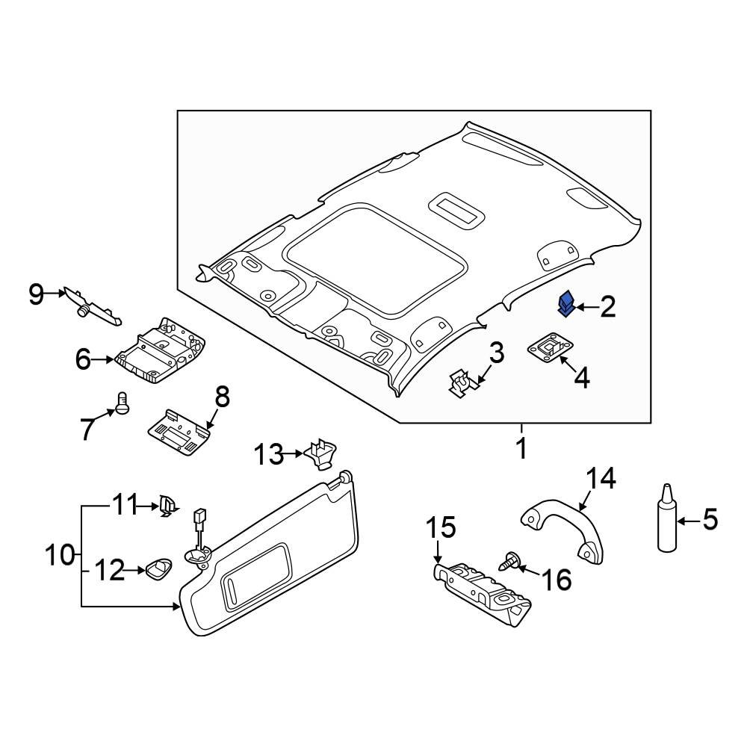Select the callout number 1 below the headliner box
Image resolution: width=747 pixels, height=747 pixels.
(x=521, y=449)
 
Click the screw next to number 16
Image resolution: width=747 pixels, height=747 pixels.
(x=509, y=562)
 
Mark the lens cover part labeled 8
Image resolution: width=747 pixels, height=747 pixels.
(x=177, y=432)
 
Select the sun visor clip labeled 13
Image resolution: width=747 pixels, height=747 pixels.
(x=320, y=453)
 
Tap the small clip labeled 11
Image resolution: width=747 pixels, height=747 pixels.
(x=167, y=506)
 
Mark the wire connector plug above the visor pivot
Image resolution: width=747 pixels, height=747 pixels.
(x=199, y=517)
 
